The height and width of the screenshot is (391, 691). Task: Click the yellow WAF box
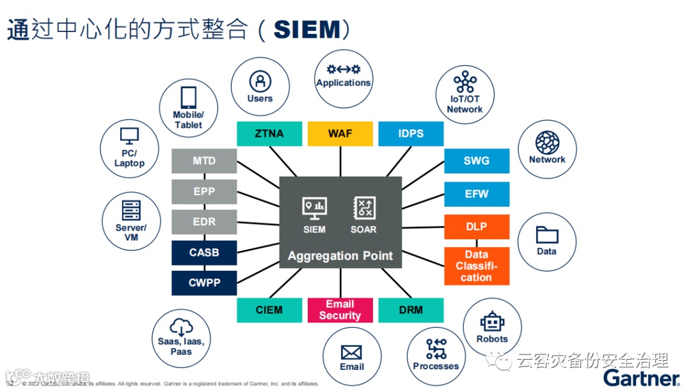[340, 134]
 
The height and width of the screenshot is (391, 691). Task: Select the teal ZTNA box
[269, 134]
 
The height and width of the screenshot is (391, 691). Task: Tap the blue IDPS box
[411, 134]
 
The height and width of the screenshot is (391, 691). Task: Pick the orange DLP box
[477, 227]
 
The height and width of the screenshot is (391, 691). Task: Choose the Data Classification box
[477, 266]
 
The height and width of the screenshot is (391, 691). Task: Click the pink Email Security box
[340, 310]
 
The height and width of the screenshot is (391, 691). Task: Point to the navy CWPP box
[204, 283]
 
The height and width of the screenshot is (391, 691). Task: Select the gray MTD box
[204, 161]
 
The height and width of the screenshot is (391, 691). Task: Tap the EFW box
[477, 194]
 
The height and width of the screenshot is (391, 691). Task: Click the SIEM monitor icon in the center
[314, 207]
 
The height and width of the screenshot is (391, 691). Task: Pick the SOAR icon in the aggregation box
[364, 207]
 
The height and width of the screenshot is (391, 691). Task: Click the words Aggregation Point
[340, 256]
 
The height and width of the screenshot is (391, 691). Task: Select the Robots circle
[492, 326]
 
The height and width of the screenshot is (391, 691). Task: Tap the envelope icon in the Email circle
[352, 352]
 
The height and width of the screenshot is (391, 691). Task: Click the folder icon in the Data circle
[547, 235]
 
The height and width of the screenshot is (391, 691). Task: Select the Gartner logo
[641, 376]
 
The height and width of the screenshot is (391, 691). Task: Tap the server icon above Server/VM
[131, 211]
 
